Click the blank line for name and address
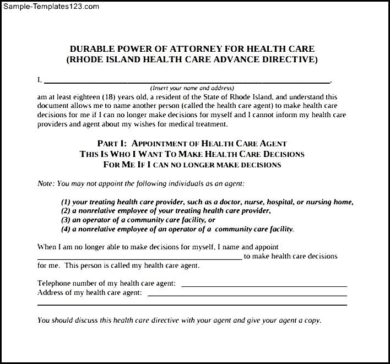pos(187,80)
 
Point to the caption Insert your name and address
pos(192,88)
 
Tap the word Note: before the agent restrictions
pos(46,183)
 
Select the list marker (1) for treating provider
pos(66,202)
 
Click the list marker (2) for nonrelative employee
pos(66,211)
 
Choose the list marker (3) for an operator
pos(66,220)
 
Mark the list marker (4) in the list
pos(66,229)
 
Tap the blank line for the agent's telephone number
pos(264,285)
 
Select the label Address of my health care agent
pos(89,293)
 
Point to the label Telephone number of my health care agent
pos(106,283)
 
